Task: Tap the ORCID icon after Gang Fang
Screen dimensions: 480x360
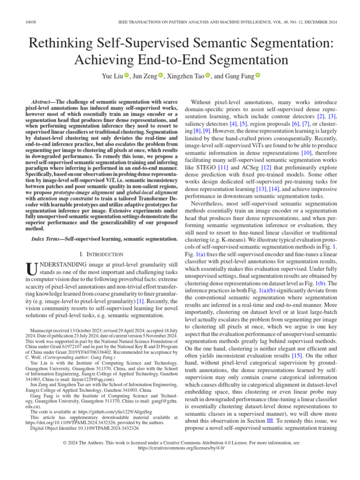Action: (257, 75)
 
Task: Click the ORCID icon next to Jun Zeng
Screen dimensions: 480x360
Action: (161, 75)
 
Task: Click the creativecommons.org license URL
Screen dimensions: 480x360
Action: (180, 448)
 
